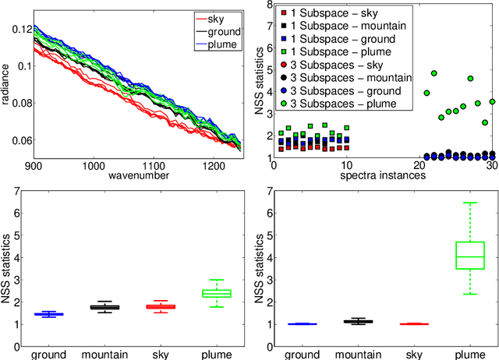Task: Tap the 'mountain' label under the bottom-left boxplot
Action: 105,354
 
